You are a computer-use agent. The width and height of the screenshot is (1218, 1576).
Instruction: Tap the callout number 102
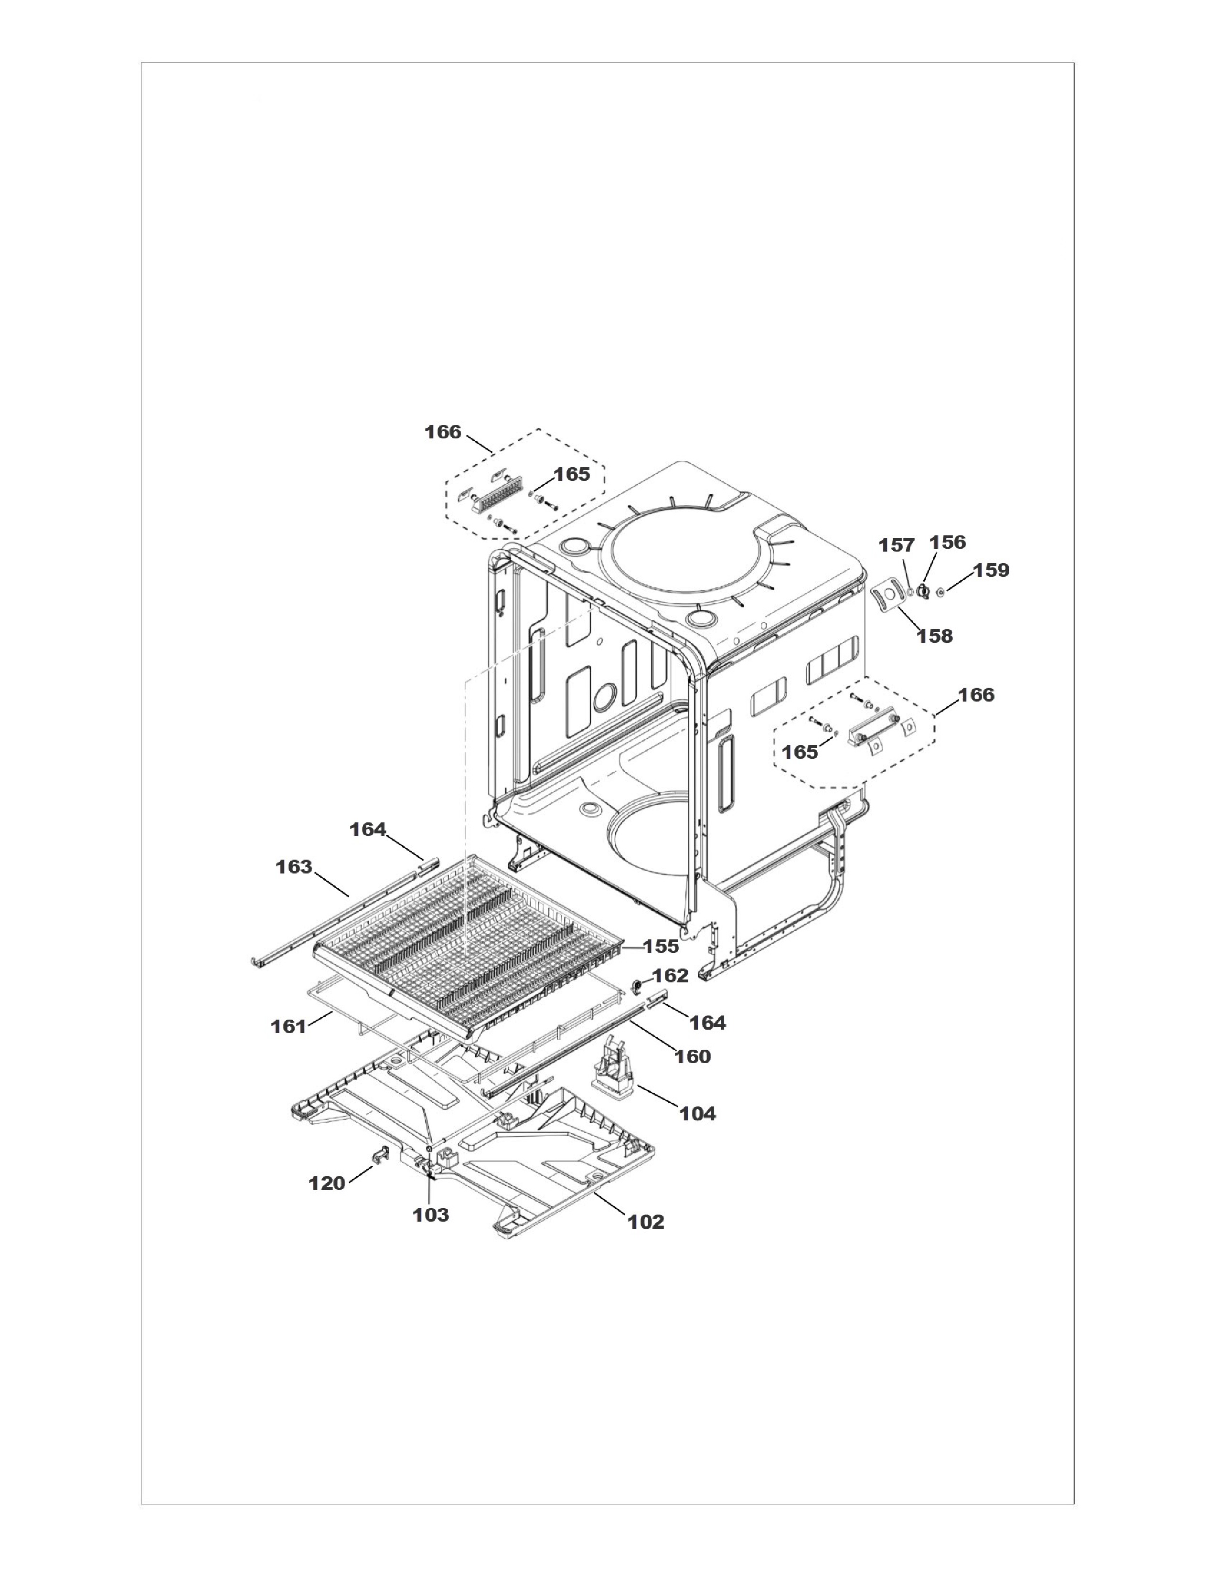[646, 1222]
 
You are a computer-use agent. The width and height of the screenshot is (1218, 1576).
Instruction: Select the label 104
[698, 1113]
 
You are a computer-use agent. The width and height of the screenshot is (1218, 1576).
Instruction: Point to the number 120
[327, 1183]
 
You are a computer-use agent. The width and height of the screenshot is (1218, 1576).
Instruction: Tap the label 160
[693, 1056]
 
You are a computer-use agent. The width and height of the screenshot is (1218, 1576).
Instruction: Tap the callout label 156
[948, 542]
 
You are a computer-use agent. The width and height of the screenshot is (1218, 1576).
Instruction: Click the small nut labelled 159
[941, 593]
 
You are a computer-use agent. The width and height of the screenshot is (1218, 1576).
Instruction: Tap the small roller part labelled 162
[638, 986]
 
